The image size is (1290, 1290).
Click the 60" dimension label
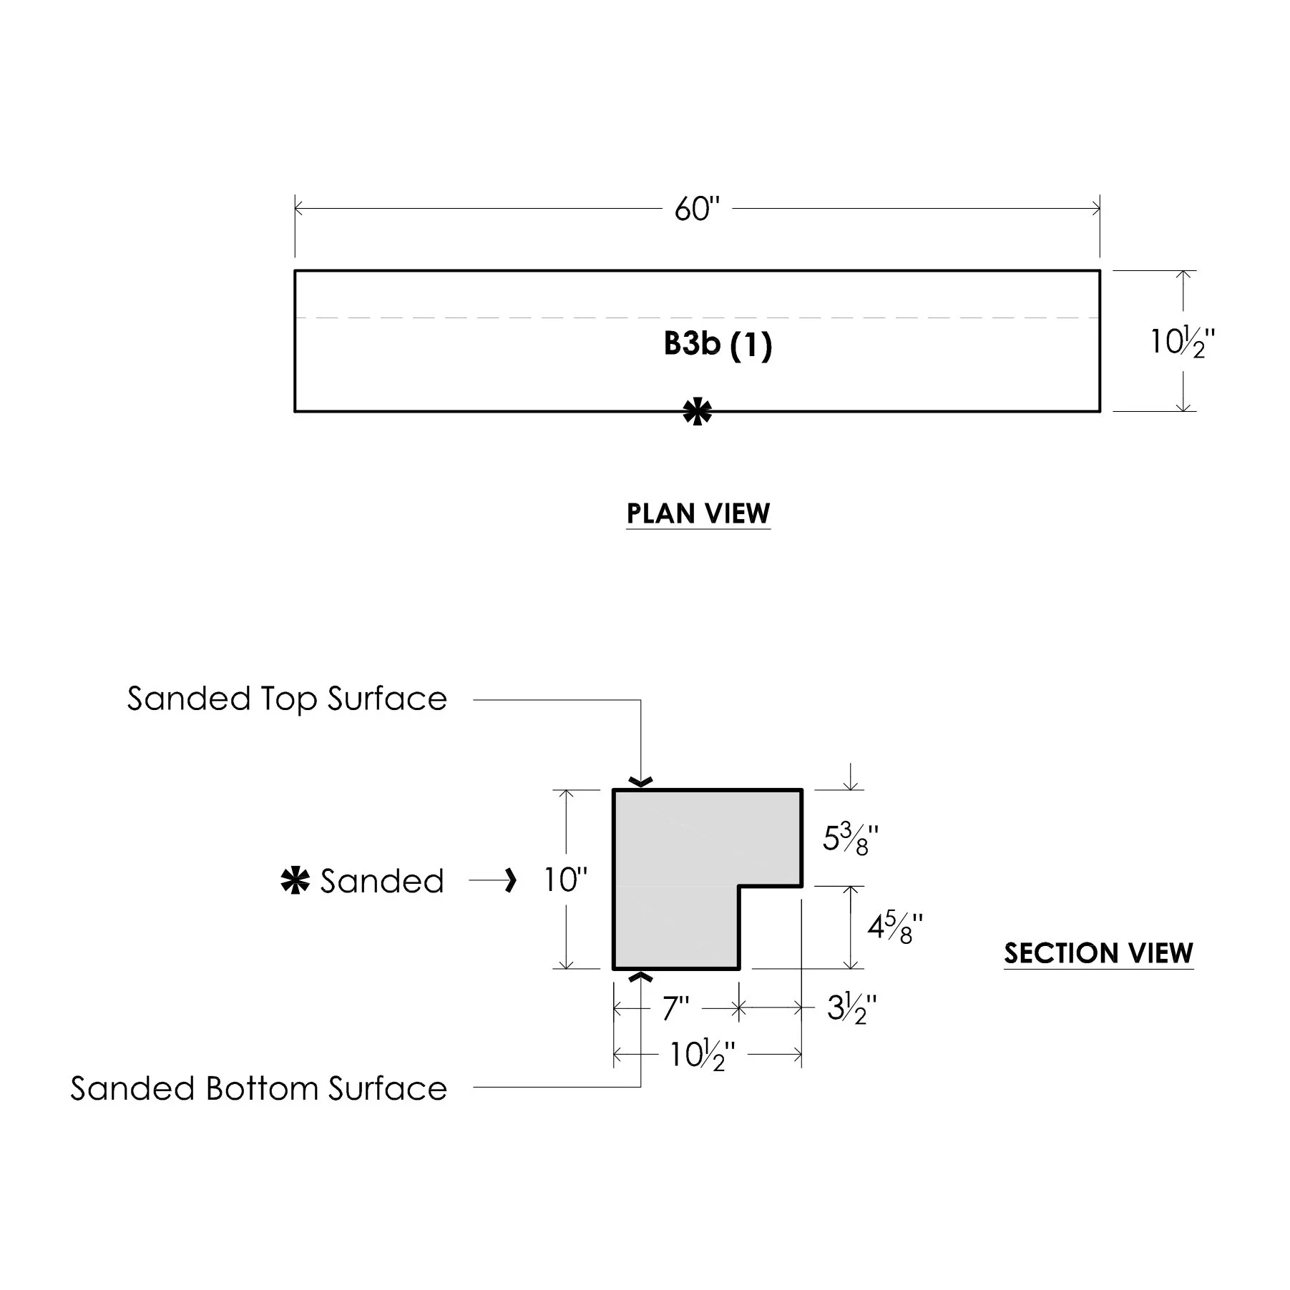[696, 210]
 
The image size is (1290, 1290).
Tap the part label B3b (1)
[718, 344]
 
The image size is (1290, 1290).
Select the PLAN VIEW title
[698, 513]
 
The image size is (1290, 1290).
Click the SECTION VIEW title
[1098, 953]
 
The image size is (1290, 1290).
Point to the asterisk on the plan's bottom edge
[698, 413]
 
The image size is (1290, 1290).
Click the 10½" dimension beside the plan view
[1182, 343]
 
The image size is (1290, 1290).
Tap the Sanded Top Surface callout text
[287, 699]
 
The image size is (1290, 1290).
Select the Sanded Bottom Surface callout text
[258, 1088]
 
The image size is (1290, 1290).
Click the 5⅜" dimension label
[850, 838]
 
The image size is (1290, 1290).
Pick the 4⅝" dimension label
[895, 928]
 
